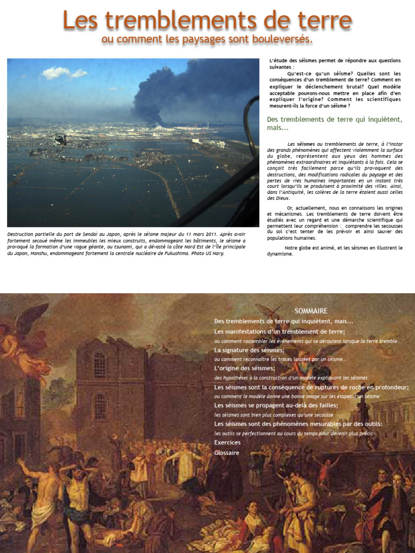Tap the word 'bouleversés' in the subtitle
tap(282, 39)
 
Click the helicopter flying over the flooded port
tap(61, 139)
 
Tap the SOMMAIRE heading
tap(311, 311)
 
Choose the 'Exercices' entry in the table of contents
tap(227, 442)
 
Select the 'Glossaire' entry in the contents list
tap(226, 453)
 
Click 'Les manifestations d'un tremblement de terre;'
tap(279, 331)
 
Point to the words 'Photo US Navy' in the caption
tap(207, 253)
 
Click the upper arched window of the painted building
tap(99, 364)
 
